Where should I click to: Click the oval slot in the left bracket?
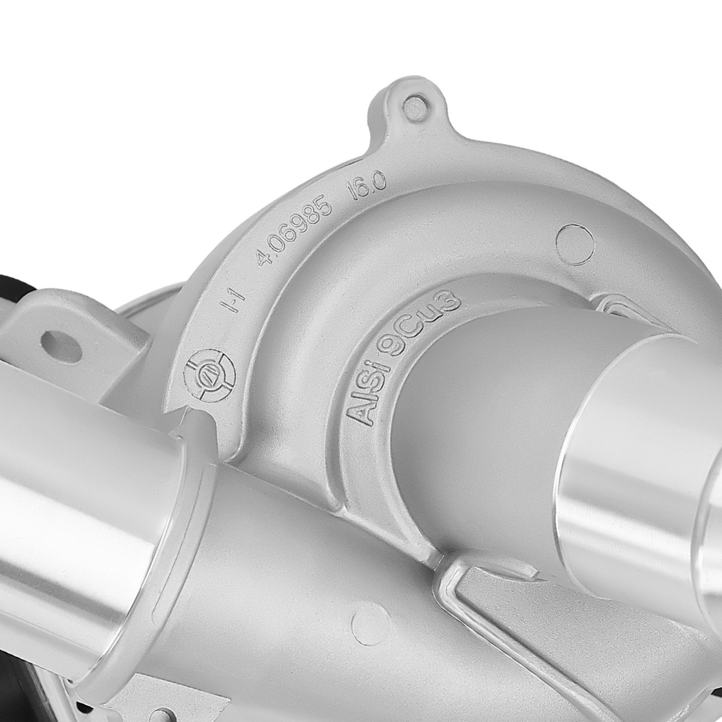click(61, 345)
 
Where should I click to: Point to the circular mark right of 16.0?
click(576, 244)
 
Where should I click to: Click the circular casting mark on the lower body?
click(370, 622)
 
